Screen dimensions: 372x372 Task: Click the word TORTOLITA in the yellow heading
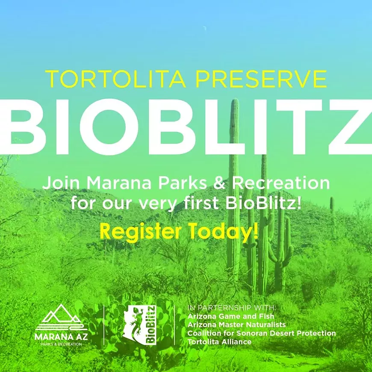pyautogui.click(x=115, y=79)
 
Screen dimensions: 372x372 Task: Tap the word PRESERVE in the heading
pyautogui.click(x=262, y=79)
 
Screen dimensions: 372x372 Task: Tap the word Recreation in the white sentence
pyautogui.click(x=280, y=183)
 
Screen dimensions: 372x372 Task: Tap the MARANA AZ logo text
pyautogui.click(x=61, y=337)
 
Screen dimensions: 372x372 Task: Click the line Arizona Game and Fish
pyautogui.click(x=230, y=316)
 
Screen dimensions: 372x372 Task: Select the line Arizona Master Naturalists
pyautogui.click(x=236, y=325)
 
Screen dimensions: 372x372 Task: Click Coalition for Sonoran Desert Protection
pyautogui.click(x=262, y=333)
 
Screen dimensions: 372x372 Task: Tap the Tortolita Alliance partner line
pyautogui.click(x=219, y=342)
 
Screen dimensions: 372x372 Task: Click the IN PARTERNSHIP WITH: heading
pyautogui.click(x=232, y=308)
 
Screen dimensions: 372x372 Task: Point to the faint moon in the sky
pyautogui.click(x=204, y=29)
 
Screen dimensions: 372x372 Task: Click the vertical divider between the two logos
pyautogui.click(x=104, y=325)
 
